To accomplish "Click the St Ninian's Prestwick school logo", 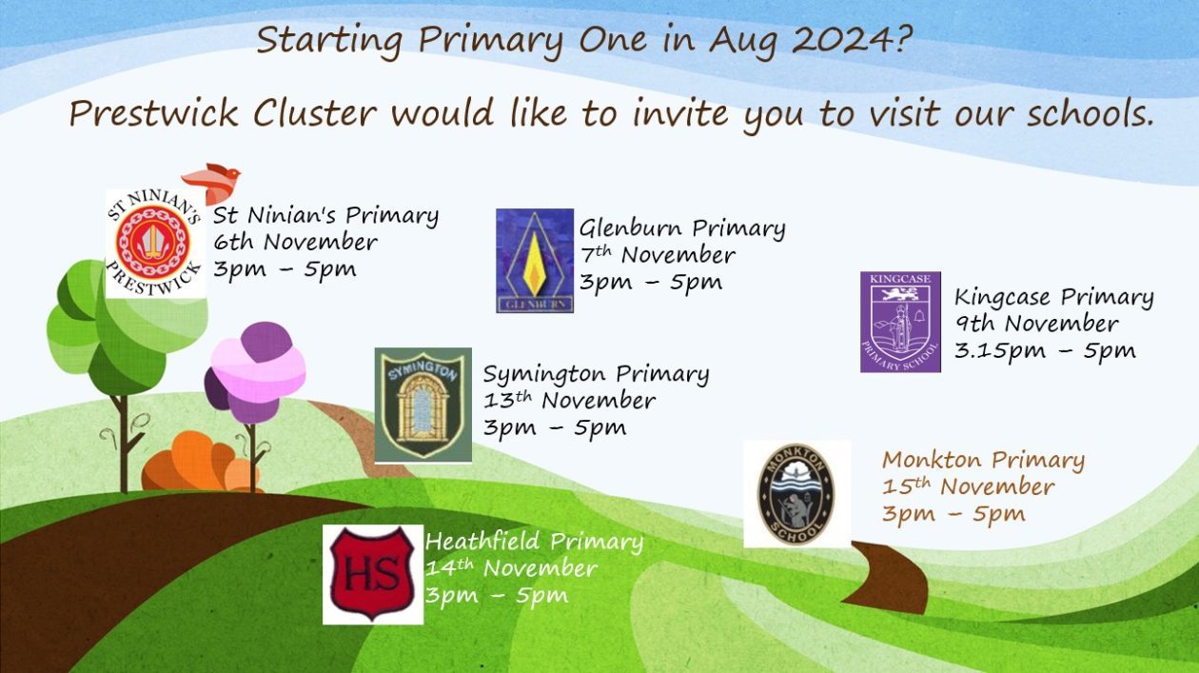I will coord(154,244).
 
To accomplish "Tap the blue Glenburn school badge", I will coord(534,260).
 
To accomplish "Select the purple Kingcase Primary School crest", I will coord(900,322).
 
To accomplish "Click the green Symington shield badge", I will coord(423,405).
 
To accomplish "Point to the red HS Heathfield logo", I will coord(372,574).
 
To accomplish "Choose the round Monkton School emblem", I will coord(796,494).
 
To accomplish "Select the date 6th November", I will coord(295,242).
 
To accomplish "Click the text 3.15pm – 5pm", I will coord(1044,350).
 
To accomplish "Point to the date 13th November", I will coord(569,401).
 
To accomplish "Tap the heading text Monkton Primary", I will coord(983,461).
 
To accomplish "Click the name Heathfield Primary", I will coord(534,542).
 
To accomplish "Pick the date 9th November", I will coord(1036,324).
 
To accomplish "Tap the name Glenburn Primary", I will coord(682,228).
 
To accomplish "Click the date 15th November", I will coord(968,487).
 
